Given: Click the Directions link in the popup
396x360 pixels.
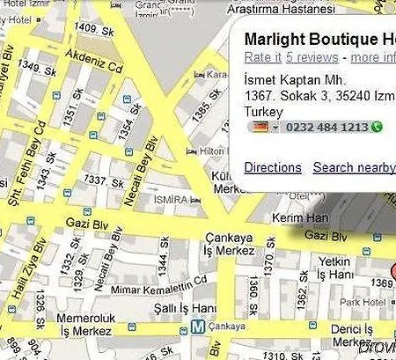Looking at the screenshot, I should pyautogui.click(x=273, y=167).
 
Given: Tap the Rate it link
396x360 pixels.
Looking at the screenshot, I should pyautogui.click(x=263, y=58).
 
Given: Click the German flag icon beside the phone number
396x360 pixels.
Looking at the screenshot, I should pyautogui.click(x=259, y=128).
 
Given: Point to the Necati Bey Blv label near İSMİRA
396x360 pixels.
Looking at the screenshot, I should pyautogui.click(x=141, y=173).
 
